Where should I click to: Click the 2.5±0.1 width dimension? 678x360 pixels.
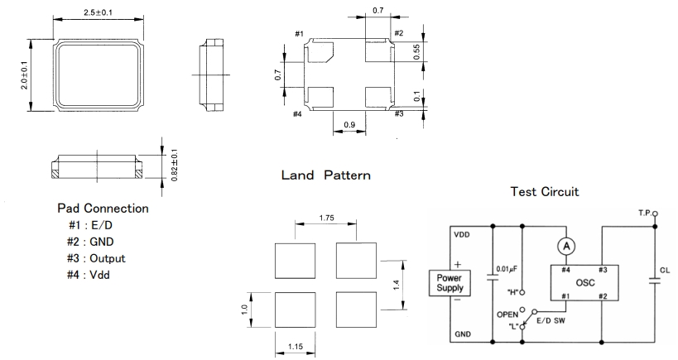click(99, 12)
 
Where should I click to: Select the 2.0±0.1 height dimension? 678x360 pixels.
click(24, 73)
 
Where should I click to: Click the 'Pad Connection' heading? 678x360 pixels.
click(103, 209)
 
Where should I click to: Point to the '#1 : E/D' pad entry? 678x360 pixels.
click(91, 225)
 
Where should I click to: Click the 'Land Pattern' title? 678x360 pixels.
click(325, 175)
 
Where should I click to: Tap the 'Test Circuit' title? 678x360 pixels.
click(544, 191)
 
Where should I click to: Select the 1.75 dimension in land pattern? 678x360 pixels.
click(326, 218)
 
